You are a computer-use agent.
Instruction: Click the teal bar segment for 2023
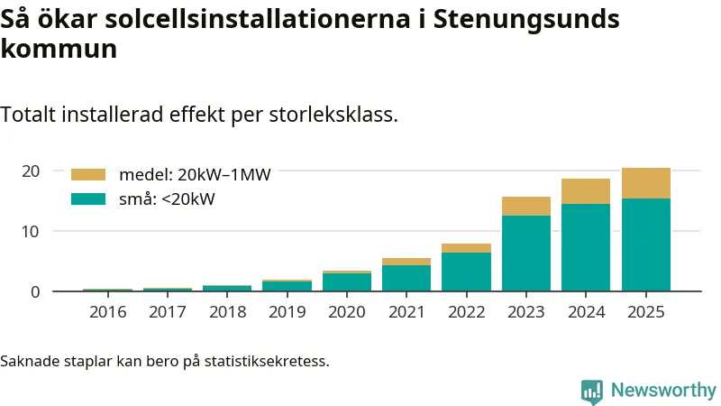click(x=525, y=253)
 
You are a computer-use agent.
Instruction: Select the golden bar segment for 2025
click(x=645, y=183)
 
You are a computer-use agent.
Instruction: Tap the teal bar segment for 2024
click(x=586, y=247)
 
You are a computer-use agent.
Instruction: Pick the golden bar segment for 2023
click(x=525, y=206)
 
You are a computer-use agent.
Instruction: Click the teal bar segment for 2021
click(x=406, y=278)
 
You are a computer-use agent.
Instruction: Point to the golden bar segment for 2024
click(x=586, y=191)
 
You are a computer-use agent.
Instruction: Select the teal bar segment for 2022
click(x=466, y=272)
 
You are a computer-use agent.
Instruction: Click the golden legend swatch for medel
click(x=87, y=175)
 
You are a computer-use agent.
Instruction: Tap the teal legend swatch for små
click(x=87, y=199)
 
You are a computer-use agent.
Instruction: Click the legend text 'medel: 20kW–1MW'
click(x=195, y=175)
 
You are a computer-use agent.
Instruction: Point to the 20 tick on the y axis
click(x=31, y=171)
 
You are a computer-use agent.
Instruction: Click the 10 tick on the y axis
click(x=31, y=231)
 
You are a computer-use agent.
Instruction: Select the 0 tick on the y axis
click(x=35, y=291)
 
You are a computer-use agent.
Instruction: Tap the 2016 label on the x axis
click(x=107, y=312)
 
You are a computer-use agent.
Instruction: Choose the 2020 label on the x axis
click(x=347, y=312)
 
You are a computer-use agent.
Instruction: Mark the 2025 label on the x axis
click(x=645, y=312)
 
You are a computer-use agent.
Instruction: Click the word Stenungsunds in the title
click(x=526, y=20)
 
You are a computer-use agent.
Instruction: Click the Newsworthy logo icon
click(x=592, y=391)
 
